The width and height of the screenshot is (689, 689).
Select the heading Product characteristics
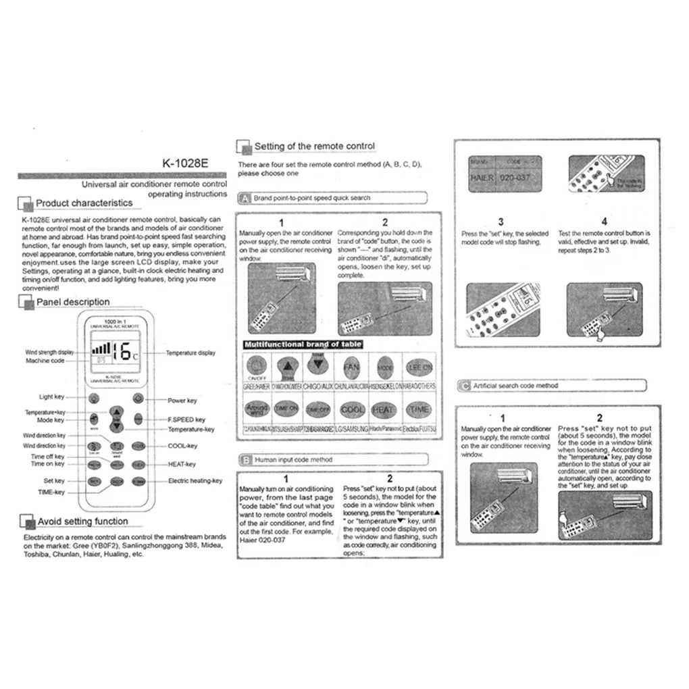(x=84, y=203)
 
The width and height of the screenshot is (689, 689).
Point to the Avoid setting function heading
(x=82, y=521)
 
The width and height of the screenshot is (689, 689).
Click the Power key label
(x=182, y=401)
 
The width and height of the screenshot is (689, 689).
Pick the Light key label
(x=51, y=397)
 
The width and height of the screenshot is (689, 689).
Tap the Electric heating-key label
(x=195, y=481)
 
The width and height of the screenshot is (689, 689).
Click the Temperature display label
(x=190, y=353)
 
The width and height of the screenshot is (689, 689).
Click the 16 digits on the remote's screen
(x=124, y=350)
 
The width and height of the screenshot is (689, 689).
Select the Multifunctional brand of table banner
(x=303, y=344)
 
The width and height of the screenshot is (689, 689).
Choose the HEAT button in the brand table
(x=383, y=409)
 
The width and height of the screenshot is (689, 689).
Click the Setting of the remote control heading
(x=314, y=146)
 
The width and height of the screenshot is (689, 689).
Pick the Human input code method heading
(x=292, y=459)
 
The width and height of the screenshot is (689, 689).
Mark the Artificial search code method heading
(x=515, y=386)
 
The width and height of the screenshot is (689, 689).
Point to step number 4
(x=604, y=221)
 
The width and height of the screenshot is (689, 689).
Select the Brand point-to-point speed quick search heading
(x=311, y=198)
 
